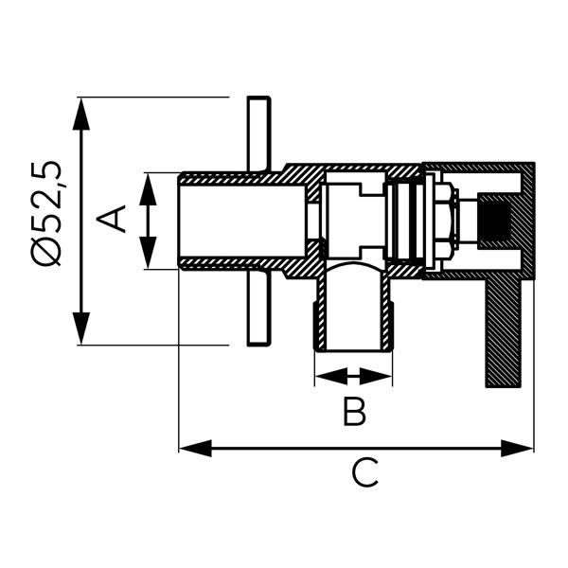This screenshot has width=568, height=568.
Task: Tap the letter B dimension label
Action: pos(354,413)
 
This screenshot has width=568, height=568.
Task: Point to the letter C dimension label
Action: pos(365,472)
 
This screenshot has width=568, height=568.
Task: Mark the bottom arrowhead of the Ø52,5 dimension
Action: pos(82,330)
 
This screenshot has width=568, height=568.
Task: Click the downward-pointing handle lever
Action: pos(503,331)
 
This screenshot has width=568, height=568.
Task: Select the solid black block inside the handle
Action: pos(496,222)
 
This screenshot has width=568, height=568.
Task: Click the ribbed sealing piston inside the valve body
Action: pos(406,222)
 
